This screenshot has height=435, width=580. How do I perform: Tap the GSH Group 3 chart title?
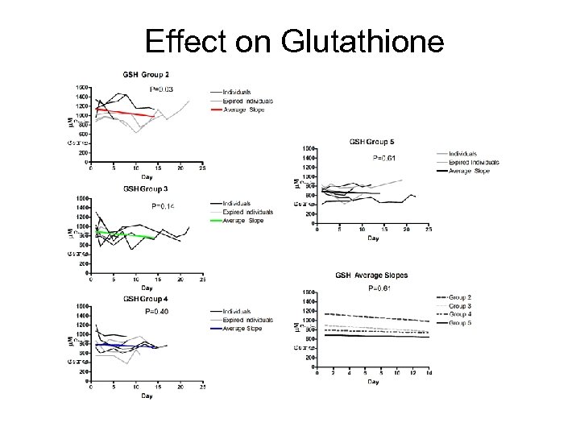(x=146, y=188)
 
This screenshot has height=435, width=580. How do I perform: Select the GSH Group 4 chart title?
(x=146, y=299)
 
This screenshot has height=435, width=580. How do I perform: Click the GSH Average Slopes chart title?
(x=371, y=275)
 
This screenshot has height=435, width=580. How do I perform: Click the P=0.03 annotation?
(x=164, y=89)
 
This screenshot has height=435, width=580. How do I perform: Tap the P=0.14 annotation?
(x=164, y=206)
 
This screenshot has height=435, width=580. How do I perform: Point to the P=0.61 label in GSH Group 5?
(x=385, y=158)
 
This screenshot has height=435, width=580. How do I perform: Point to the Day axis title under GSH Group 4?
(x=147, y=396)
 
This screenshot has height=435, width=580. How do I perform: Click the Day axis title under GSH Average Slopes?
(x=373, y=381)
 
